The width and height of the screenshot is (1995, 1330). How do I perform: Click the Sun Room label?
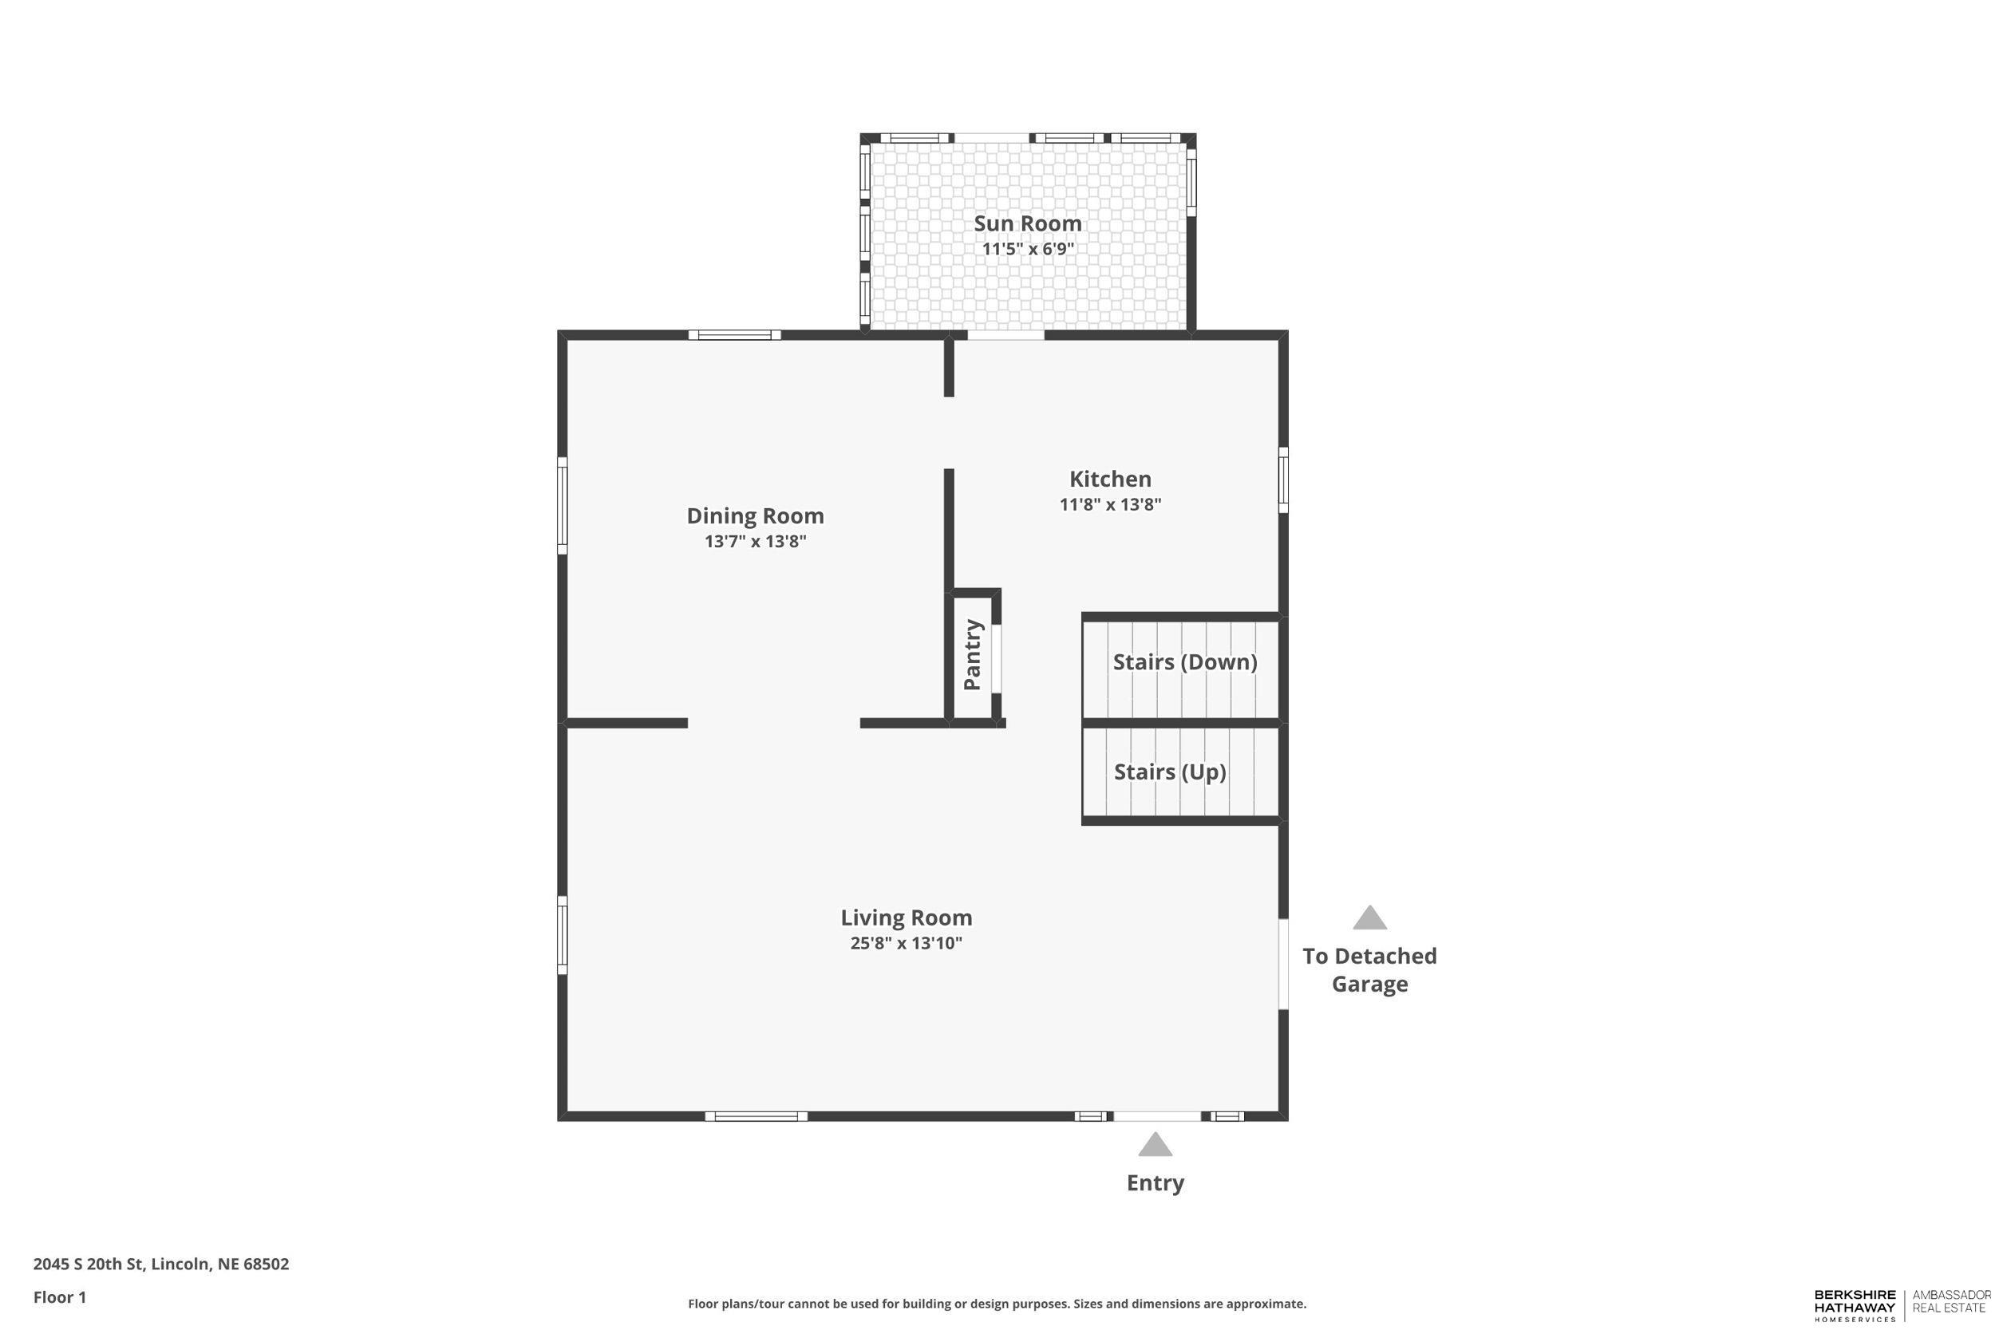coord(1027,223)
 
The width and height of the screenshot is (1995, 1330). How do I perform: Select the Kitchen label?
coord(1109,479)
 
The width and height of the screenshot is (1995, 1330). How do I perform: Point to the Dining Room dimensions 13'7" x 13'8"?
coord(755,541)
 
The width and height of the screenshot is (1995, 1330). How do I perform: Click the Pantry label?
coord(973,655)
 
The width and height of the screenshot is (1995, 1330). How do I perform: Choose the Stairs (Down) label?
coord(1184,661)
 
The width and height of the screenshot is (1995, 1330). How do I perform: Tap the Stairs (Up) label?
coord(1170,772)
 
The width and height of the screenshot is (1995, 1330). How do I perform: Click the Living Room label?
coord(906,918)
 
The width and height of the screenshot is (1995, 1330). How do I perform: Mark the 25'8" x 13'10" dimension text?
coord(906,943)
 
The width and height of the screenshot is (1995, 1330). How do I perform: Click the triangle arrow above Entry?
coord(1155,1145)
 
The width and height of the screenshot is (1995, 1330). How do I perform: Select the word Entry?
coord(1155,1183)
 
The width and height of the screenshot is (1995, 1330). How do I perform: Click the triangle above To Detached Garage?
coord(1369,918)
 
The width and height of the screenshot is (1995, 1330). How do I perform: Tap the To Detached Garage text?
coord(1369,969)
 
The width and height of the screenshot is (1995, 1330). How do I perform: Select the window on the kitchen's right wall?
coord(1283,480)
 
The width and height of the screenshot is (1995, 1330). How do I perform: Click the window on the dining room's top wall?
coord(733,335)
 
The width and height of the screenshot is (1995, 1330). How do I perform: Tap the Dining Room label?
coord(755,515)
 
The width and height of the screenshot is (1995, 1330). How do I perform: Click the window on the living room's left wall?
coord(562,935)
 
